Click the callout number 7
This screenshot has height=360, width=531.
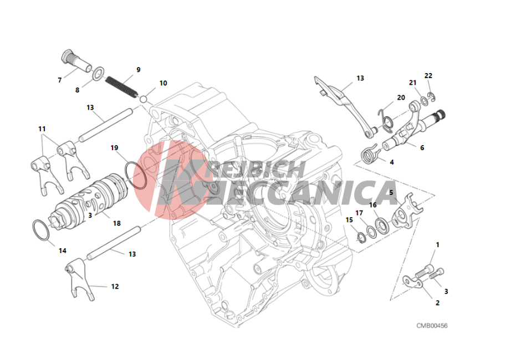point(60,80)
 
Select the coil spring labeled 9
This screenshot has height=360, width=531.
point(121,86)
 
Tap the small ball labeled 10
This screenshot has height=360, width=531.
point(143,99)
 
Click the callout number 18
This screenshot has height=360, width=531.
point(117,223)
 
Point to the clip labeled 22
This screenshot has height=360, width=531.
point(431,97)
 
